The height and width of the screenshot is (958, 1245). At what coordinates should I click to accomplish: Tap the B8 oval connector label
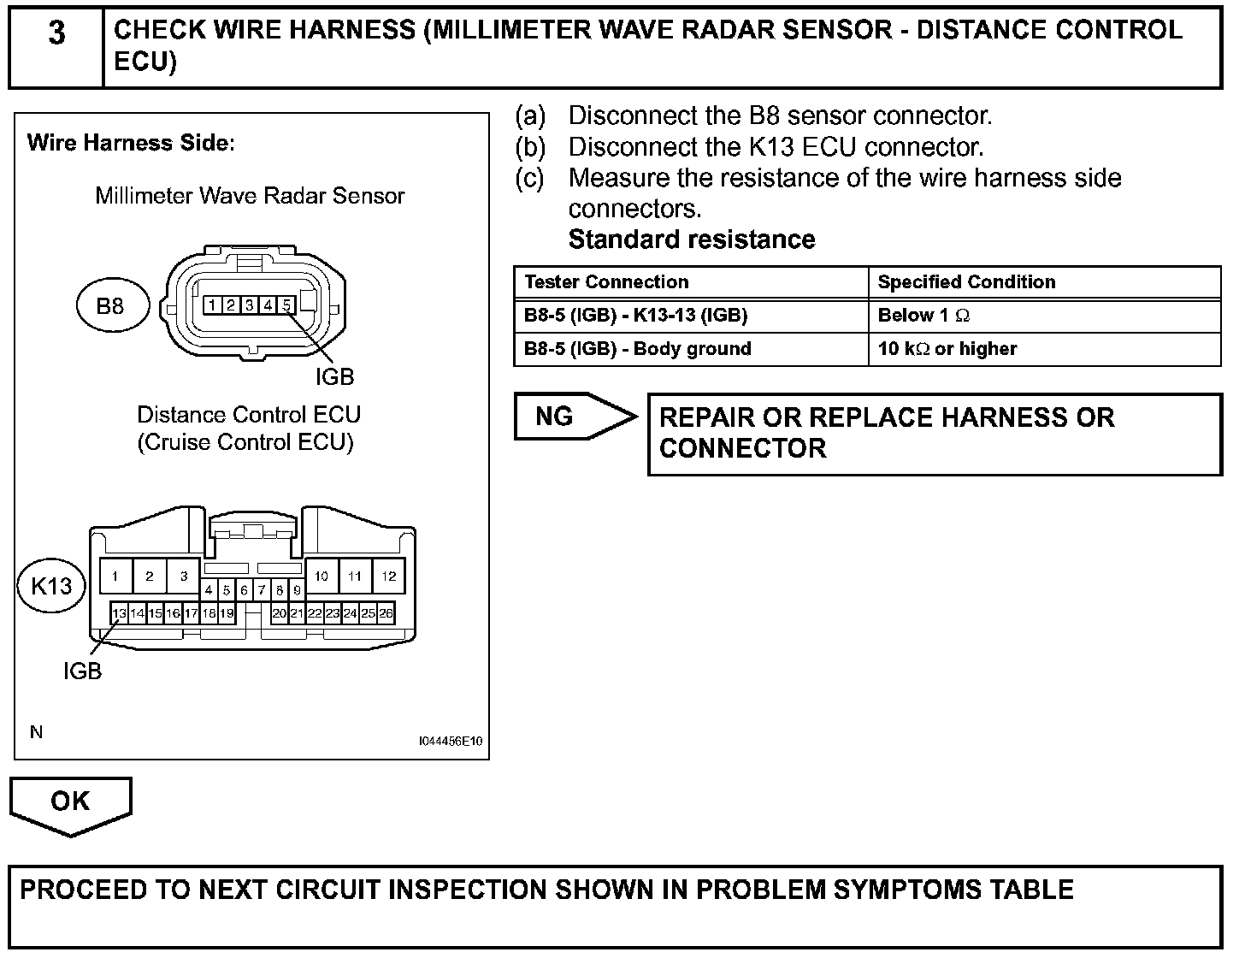pyautogui.click(x=110, y=306)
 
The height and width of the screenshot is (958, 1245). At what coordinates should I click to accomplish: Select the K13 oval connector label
pyautogui.click(x=51, y=587)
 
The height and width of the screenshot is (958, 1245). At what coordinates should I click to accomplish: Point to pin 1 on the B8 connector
pyautogui.click(x=211, y=305)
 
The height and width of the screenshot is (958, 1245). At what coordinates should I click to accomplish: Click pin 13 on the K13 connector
pyautogui.click(x=119, y=613)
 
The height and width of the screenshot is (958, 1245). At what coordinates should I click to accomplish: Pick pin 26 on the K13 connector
pyautogui.click(x=386, y=613)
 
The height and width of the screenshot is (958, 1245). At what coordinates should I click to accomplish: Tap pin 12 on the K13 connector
pyautogui.click(x=389, y=577)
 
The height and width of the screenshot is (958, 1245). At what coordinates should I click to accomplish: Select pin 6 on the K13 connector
pyautogui.click(x=245, y=590)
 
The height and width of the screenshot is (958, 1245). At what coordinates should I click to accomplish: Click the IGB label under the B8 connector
pyautogui.click(x=334, y=377)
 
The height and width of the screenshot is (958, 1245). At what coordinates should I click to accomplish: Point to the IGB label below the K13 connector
pyautogui.click(x=82, y=671)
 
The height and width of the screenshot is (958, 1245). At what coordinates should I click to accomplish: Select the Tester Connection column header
pyautogui.click(x=606, y=282)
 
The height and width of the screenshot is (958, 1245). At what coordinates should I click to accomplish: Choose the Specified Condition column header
pyautogui.click(x=966, y=282)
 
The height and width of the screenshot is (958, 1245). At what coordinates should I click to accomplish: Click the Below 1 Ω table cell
pyautogui.click(x=923, y=316)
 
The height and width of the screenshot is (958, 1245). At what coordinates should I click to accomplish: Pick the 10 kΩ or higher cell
pyautogui.click(x=947, y=349)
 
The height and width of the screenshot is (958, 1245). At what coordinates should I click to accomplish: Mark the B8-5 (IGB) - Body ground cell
pyautogui.click(x=637, y=349)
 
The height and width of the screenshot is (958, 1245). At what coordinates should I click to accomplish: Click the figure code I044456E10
pyautogui.click(x=451, y=741)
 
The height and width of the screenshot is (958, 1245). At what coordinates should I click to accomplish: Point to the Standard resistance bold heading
pyautogui.click(x=692, y=239)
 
